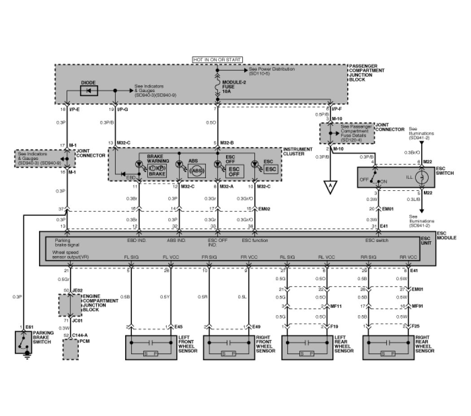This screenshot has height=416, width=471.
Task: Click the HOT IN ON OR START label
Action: [217, 60]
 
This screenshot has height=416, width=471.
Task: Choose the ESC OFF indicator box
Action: [234, 171]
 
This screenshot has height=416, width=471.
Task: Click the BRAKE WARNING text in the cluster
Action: [158, 160]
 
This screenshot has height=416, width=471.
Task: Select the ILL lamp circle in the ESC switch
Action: [422, 177]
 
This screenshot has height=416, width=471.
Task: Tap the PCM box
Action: [70, 349]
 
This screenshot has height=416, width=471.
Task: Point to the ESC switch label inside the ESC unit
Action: [376, 241]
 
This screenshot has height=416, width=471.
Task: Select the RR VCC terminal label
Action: [409, 257]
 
